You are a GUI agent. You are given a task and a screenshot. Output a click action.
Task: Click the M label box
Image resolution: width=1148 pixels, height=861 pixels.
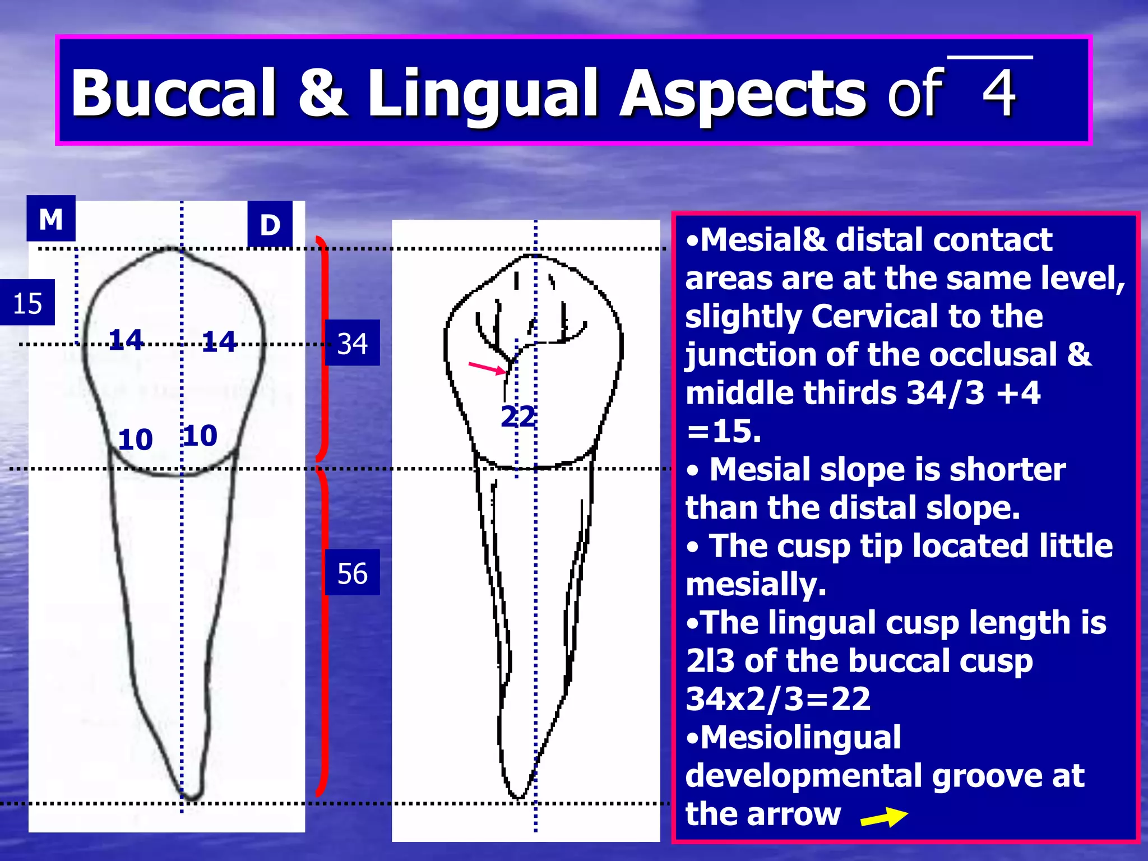pos(50,219)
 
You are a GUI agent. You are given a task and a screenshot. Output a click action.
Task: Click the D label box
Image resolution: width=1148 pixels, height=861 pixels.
pos(270,224)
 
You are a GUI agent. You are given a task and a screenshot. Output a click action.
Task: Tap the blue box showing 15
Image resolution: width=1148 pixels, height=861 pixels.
pos(27,303)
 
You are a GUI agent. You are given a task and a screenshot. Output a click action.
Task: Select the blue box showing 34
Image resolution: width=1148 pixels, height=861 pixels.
pos(352,343)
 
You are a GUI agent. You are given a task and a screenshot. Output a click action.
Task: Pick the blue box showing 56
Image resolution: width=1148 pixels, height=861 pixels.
pos(352,573)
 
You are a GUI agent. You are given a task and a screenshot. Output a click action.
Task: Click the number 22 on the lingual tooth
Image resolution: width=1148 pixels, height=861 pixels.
pos(517,416)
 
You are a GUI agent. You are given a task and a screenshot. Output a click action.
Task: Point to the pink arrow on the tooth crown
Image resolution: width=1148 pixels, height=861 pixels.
pos(487,368)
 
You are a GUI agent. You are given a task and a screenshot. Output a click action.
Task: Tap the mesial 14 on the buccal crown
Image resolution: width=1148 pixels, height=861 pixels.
pos(126,340)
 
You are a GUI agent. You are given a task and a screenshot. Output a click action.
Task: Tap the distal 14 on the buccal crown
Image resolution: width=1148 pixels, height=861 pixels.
pos(219,341)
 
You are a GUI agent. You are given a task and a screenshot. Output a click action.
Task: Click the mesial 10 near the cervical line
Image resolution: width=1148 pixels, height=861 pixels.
pos(136,439)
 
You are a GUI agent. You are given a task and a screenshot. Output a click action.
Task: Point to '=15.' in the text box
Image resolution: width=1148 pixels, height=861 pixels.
pos(724,431)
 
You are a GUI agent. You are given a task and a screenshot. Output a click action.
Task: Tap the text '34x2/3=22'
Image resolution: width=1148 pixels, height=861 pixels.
pos(778,698)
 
